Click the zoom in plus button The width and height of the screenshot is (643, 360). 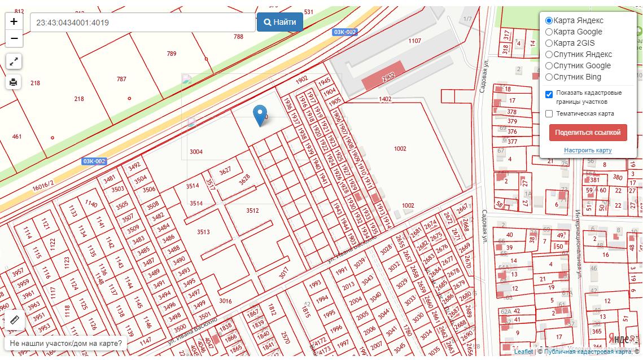click(x=14, y=22)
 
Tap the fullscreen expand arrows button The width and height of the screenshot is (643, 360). click(x=14, y=61)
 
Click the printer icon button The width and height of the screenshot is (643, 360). click(x=14, y=82)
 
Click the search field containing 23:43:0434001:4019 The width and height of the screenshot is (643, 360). click(x=142, y=23)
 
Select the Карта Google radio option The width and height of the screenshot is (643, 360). click(x=549, y=32)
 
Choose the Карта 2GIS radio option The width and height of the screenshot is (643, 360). click(x=549, y=43)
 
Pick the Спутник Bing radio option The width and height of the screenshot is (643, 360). click(x=549, y=77)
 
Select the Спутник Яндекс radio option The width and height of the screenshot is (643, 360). click(x=549, y=55)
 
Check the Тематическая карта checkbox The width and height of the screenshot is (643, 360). click(x=549, y=114)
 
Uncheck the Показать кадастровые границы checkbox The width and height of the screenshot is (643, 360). click(x=549, y=94)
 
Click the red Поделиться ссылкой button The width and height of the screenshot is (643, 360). click(x=588, y=133)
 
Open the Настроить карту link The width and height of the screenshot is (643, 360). click(x=588, y=151)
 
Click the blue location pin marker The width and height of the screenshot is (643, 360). click(x=260, y=115)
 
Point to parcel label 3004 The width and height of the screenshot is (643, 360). click(x=196, y=152)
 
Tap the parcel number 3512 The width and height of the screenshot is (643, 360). click(x=252, y=210)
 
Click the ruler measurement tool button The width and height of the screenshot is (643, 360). click(x=14, y=320)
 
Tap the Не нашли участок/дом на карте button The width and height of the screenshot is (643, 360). click(x=65, y=343)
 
